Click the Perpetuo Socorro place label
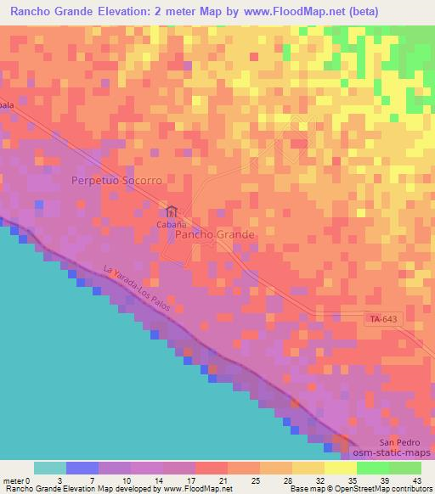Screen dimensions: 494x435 [116, 181]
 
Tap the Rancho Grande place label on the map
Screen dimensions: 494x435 [215, 233]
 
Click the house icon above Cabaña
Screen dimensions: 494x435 [172, 211]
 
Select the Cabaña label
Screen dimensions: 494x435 [171, 224]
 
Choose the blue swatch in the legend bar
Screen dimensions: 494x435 [82, 468]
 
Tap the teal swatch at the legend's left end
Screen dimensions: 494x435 [50, 468]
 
